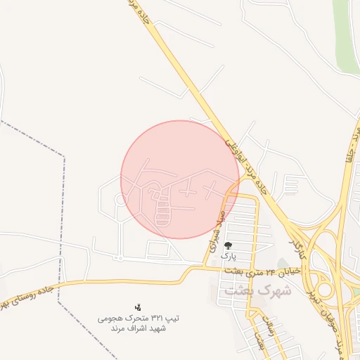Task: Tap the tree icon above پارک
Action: coord(229,245)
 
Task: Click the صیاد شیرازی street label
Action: coord(216,231)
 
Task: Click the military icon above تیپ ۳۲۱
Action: coord(138,307)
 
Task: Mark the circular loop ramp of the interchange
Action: coord(326,289)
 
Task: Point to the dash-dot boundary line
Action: coord(63,211)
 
